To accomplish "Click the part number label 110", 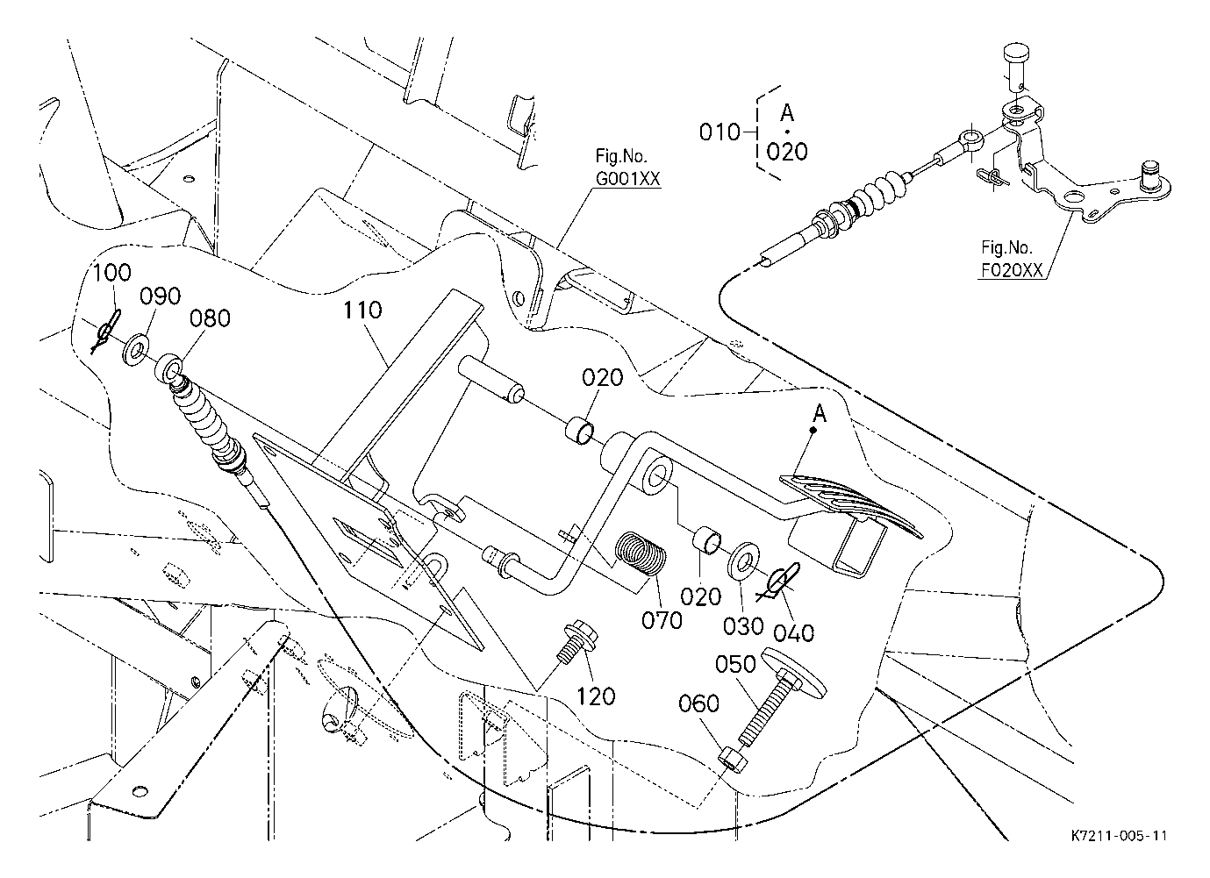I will pos(362,310).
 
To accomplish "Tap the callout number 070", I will pos(662,620).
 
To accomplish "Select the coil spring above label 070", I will pos(641,556).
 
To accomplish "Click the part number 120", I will pos(597,696).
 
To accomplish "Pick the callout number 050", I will pos(735,665).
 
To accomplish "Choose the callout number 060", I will pos(698,703).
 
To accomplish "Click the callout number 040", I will pos(795,632).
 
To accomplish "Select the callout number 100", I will pos(111,272).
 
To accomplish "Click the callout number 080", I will pos(211,318).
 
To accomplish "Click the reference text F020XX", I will pos(1012,270).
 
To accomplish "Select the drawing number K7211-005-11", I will pos(1119,836).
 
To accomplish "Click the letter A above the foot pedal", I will pos(819,413).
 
